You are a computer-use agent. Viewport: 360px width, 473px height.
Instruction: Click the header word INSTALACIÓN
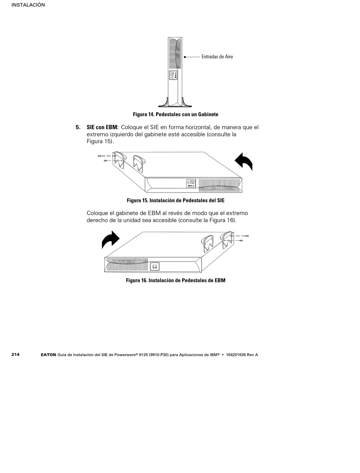tap(28, 5)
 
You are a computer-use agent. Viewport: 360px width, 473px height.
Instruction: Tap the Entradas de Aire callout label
tap(217, 56)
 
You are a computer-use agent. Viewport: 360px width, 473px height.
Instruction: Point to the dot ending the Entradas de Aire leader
tap(185, 57)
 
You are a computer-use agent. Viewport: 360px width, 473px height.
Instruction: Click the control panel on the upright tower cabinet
tap(173, 75)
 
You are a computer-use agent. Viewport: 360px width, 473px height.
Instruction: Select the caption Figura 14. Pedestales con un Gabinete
tap(175, 114)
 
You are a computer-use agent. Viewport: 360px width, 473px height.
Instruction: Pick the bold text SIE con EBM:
tap(102, 127)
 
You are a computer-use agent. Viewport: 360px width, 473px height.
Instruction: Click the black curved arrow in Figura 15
tap(244, 161)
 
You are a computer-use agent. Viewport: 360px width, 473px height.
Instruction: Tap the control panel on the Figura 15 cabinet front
tap(191, 183)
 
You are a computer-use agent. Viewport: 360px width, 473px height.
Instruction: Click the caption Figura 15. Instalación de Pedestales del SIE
tap(175, 200)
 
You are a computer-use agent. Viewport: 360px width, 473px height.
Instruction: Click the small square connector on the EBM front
tap(155, 266)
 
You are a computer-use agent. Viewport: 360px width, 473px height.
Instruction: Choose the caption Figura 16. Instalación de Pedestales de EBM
tap(175, 280)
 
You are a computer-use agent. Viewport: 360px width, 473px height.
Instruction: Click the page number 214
tap(16, 354)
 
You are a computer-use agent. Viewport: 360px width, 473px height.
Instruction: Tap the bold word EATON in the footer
tap(48, 355)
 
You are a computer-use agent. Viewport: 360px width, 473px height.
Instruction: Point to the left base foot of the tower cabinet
tap(163, 103)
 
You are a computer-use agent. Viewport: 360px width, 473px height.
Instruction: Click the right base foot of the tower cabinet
tap(187, 103)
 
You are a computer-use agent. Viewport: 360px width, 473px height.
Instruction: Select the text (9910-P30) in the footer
tap(158, 355)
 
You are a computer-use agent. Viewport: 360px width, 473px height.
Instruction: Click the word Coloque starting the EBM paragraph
tap(97, 213)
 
